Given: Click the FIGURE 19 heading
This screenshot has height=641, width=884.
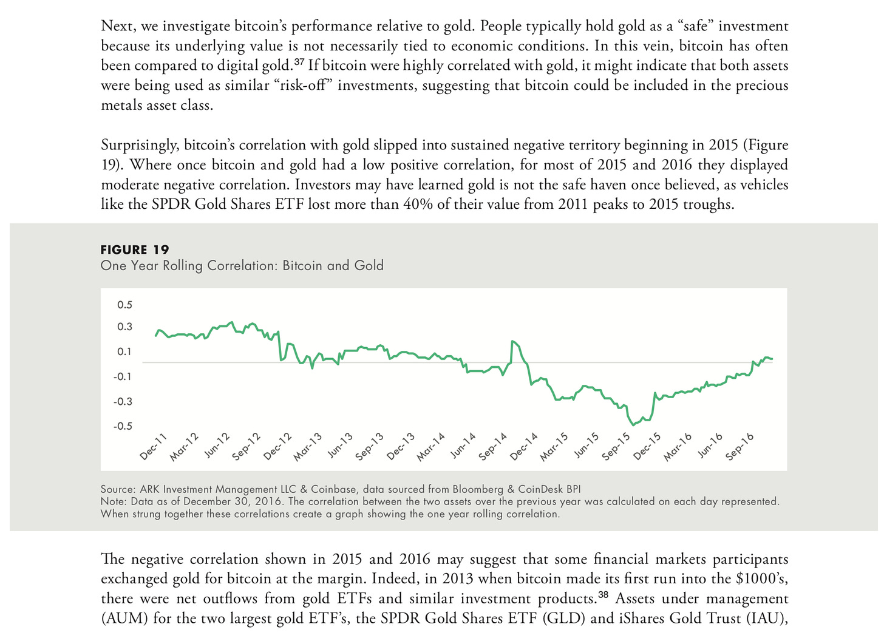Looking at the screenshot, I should pos(135,249).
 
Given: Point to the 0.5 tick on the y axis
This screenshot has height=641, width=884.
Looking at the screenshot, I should pos(124,305).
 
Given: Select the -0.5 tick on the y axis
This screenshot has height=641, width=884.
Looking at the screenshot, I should pos(123,426).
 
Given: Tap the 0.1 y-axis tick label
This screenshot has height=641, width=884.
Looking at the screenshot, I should pos(124,351).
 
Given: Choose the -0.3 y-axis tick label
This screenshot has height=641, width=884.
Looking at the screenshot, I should pos(123,401).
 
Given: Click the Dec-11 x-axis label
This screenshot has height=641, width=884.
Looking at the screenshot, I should pos(153,447).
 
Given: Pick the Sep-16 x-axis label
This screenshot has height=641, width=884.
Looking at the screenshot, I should pos(740,447).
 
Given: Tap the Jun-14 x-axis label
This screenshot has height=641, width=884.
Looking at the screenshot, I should pos(463,447).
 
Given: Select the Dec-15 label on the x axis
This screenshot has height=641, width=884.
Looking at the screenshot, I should pos(647,447).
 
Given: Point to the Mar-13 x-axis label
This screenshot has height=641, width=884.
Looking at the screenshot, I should pos(308,447).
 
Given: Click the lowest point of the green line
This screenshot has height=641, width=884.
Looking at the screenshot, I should pos(633,425).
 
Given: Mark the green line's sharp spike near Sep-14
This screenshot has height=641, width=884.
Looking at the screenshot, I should pos(513,341).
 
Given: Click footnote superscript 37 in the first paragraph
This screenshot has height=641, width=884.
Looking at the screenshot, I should pos(299,62).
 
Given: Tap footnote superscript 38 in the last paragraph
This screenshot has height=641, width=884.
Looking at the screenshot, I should pos(603,595).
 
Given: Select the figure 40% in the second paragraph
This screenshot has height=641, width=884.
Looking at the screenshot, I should pos(418,204).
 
